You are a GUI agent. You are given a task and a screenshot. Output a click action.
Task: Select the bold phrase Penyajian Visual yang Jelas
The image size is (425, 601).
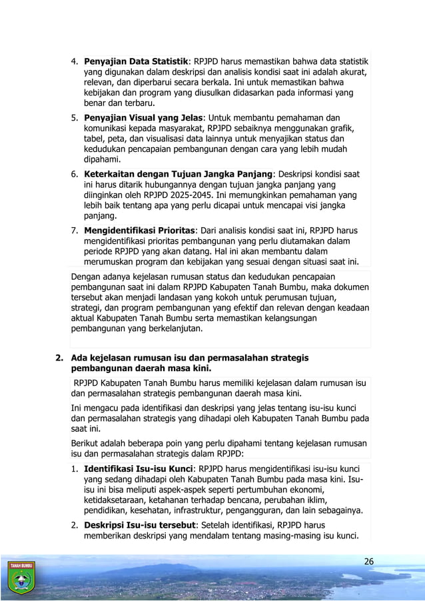(x=143, y=117)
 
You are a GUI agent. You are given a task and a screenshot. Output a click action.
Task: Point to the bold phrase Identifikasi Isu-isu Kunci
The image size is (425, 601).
(x=140, y=468)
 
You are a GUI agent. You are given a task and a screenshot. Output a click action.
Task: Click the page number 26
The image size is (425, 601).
(x=368, y=561)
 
